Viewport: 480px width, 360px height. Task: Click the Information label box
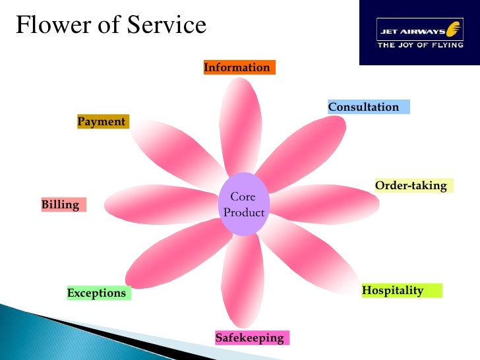pos(239,67)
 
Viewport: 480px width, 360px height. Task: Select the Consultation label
pos(368,107)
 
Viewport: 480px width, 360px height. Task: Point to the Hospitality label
pos(401,290)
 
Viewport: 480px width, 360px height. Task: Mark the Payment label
pos(102,121)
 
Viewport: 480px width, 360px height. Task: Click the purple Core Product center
pos(243,204)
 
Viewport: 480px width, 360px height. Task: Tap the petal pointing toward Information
pos(240,125)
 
